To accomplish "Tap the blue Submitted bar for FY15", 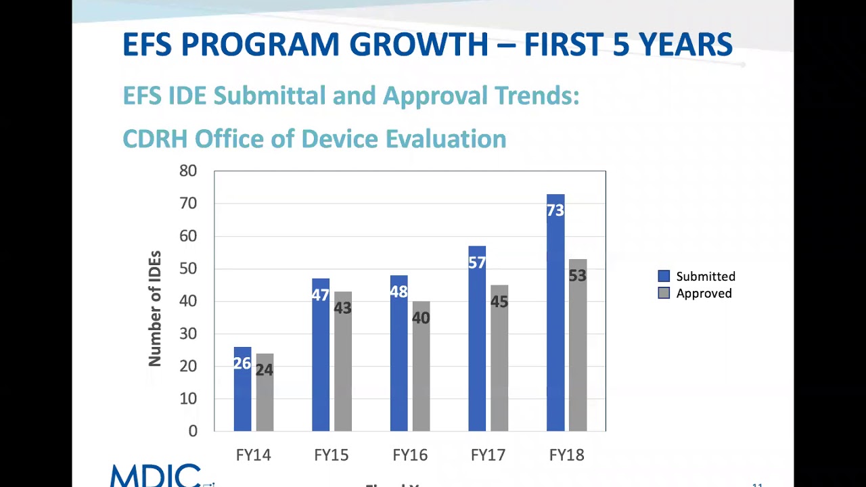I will pyautogui.click(x=321, y=365).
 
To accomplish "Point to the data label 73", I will pyautogui.click(x=555, y=211).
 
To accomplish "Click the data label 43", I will pyautogui.click(x=342, y=308).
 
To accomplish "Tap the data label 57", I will pyautogui.click(x=477, y=262).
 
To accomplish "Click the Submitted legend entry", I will pyautogui.click(x=697, y=276).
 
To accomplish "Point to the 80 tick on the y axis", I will pyautogui.click(x=188, y=171).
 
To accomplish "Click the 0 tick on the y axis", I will pyautogui.click(x=193, y=432).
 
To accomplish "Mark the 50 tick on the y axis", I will pyautogui.click(x=188, y=269).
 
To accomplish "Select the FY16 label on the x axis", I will pyautogui.click(x=410, y=455).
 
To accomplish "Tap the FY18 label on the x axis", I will pyautogui.click(x=566, y=455).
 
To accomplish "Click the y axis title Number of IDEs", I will pyautogui.click(x=155, y=308).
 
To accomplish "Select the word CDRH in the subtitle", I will pyautogui.click(x=155, y=139).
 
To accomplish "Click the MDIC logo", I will pyautogui.click(x=156, y=476).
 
